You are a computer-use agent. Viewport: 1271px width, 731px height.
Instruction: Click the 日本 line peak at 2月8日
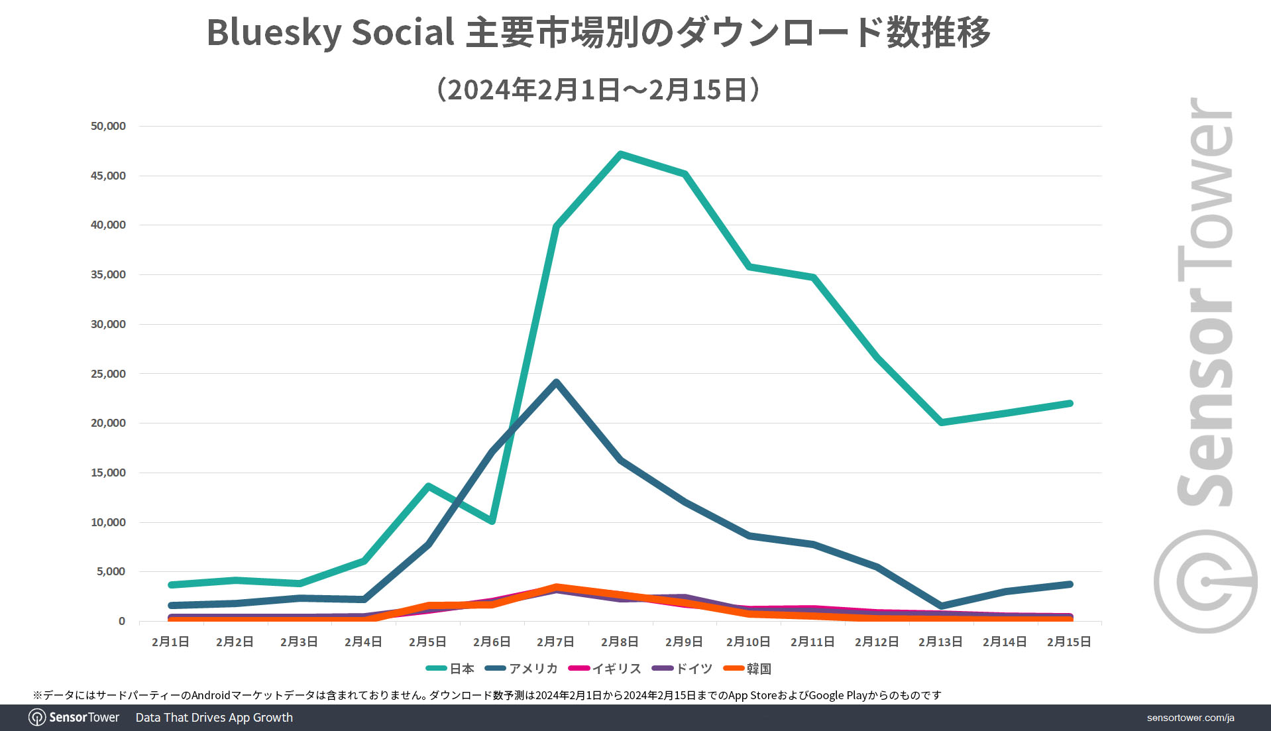click(620, 154)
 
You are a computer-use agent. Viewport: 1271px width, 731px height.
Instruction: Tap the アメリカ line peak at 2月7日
click(556, 382)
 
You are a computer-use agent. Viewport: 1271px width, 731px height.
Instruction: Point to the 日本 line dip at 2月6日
click(492, 521)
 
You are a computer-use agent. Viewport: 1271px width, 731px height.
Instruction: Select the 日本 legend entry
click(450, 669)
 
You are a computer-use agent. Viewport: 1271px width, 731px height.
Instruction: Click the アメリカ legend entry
click(522, 669)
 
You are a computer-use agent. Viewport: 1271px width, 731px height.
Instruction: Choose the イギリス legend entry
click(605, 669)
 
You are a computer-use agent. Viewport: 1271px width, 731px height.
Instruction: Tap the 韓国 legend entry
click(747, 669)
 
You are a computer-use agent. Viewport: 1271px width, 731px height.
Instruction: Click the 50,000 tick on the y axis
click(108, 126)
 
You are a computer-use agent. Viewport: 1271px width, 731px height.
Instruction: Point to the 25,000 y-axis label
click(108, 374)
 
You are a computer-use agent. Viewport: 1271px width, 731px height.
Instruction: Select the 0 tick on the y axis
click(121, 621)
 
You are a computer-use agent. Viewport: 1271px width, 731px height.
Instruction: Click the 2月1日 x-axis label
click(170, 642)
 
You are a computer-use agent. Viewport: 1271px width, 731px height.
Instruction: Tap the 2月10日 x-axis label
click(747, 642)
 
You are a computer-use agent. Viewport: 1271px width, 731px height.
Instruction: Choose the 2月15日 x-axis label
click(1068, 642)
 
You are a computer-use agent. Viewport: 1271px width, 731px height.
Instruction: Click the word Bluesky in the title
click(273, 32)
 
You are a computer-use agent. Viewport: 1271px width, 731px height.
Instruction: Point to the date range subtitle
click(598, 89)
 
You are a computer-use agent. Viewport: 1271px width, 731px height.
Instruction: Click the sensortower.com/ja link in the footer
click(1190, 718)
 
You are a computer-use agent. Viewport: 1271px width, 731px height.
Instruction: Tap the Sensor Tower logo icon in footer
click(37, 718)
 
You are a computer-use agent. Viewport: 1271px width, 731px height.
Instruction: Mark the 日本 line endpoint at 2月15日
click(1069, 404)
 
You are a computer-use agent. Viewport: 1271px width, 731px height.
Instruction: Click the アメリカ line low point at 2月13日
click(941, 606)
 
